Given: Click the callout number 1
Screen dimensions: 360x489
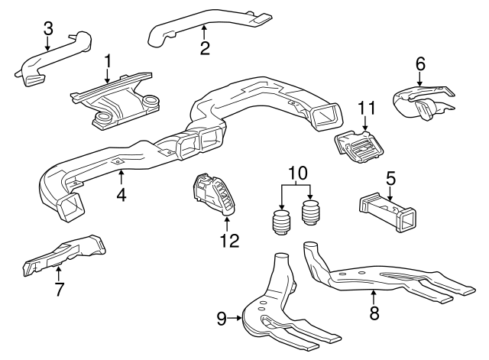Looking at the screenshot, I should (x=108, y=60).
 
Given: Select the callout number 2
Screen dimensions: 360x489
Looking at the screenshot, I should (x=204, y=48).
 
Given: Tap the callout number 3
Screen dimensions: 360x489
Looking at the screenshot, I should (x=47, y=29).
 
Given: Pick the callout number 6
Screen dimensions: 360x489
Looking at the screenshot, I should (x=420, y=65).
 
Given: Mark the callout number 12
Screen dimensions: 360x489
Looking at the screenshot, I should (x=229, y=241).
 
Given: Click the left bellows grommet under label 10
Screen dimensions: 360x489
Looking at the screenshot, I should (x=281, y=224).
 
